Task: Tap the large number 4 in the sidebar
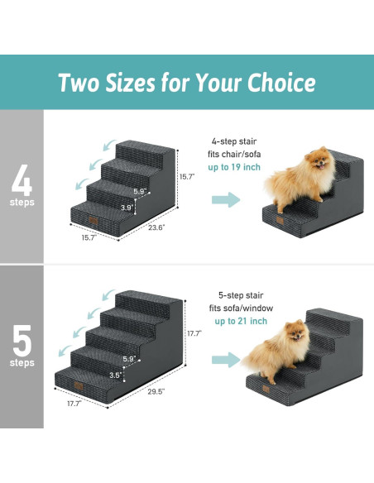(x=22, y=179)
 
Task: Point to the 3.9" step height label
(x=127, y=207)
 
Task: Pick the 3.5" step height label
(x=115, y=375)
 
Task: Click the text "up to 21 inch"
(x=240, y=321)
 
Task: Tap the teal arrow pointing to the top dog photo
(x=225, y=199)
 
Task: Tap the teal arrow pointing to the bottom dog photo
(x=225, y=359)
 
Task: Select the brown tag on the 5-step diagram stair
(x=79, y=385)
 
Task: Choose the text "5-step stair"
(x=240, y=295)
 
